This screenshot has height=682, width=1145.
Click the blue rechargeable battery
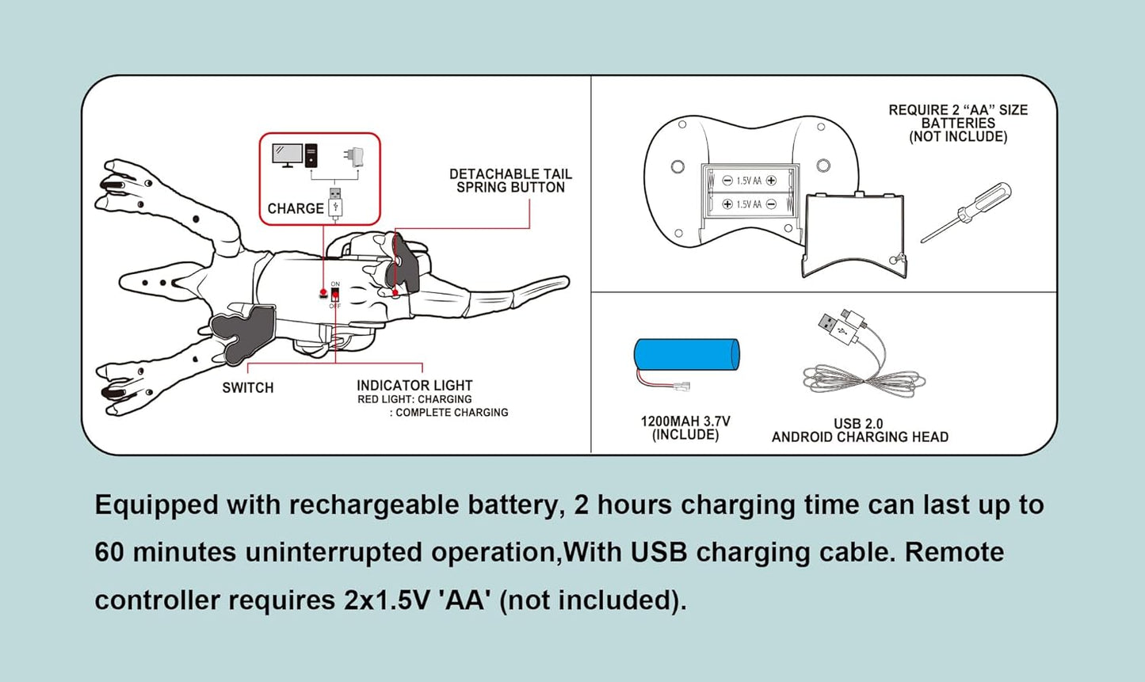click(x=686, y=356)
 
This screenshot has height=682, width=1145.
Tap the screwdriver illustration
click(x=966, y=211)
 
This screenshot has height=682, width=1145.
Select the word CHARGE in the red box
click(x=296, y=208)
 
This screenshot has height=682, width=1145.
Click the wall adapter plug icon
click(x=354, y=156)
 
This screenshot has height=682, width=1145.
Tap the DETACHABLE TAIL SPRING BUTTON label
click(x=510, y=181)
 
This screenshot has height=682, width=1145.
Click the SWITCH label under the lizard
click(x=247, y=387)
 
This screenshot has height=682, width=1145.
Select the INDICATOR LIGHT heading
click(x=414, y=386)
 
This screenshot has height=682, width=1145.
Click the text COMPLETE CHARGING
click(x=452, y=413)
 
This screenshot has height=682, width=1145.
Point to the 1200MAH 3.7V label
click(x=685, y=421)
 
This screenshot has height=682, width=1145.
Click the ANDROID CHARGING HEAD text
click(x=860, y=437)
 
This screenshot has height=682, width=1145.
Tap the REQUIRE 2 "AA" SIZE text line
click(x=957, y=110)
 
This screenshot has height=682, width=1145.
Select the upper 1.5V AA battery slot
click(x=749, y=181)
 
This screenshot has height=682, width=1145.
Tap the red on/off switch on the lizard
click(x=335, y=295)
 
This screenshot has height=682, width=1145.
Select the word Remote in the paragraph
click(x=954, y=552)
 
